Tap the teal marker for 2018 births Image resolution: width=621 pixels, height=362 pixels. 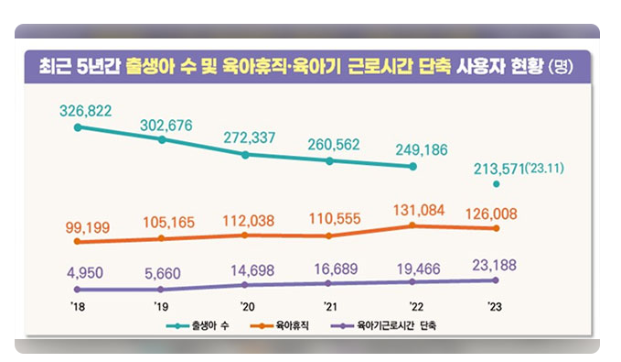point(78,127)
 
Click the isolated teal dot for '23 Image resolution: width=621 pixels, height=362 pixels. point(497,184)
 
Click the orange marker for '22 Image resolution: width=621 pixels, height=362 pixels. point(412,225)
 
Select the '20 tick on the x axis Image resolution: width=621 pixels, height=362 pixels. point(246,308)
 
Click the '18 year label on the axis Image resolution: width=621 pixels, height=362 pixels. point(79,308)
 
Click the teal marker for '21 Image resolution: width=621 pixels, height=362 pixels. point(329,161)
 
